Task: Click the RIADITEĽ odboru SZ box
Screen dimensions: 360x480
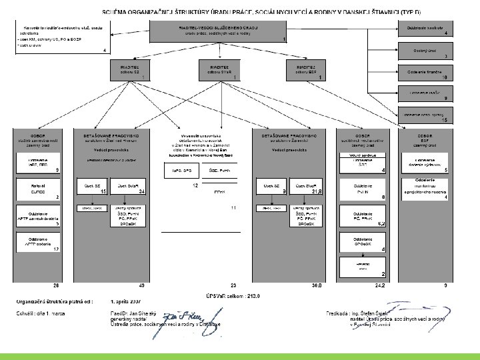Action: pyautogui.click(x=130, y=71)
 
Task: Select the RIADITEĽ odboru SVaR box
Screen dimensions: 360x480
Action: pyautogui.click(x=219, y=71)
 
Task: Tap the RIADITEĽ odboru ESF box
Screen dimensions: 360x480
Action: pyautogui.click(x=306, y=71)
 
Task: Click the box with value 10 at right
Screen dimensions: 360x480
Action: pyautogui.click(x=427, y=73)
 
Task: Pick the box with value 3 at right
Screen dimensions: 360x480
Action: pyautogui.click(x=427, y=51)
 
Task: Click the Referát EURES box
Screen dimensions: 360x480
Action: pyautogui.click(x=39, y=188)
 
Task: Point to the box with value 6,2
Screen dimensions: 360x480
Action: pyautogui.click(x=363, y=217)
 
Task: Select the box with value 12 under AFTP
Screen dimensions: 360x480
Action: pyautogui.click(x=39, y=245)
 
